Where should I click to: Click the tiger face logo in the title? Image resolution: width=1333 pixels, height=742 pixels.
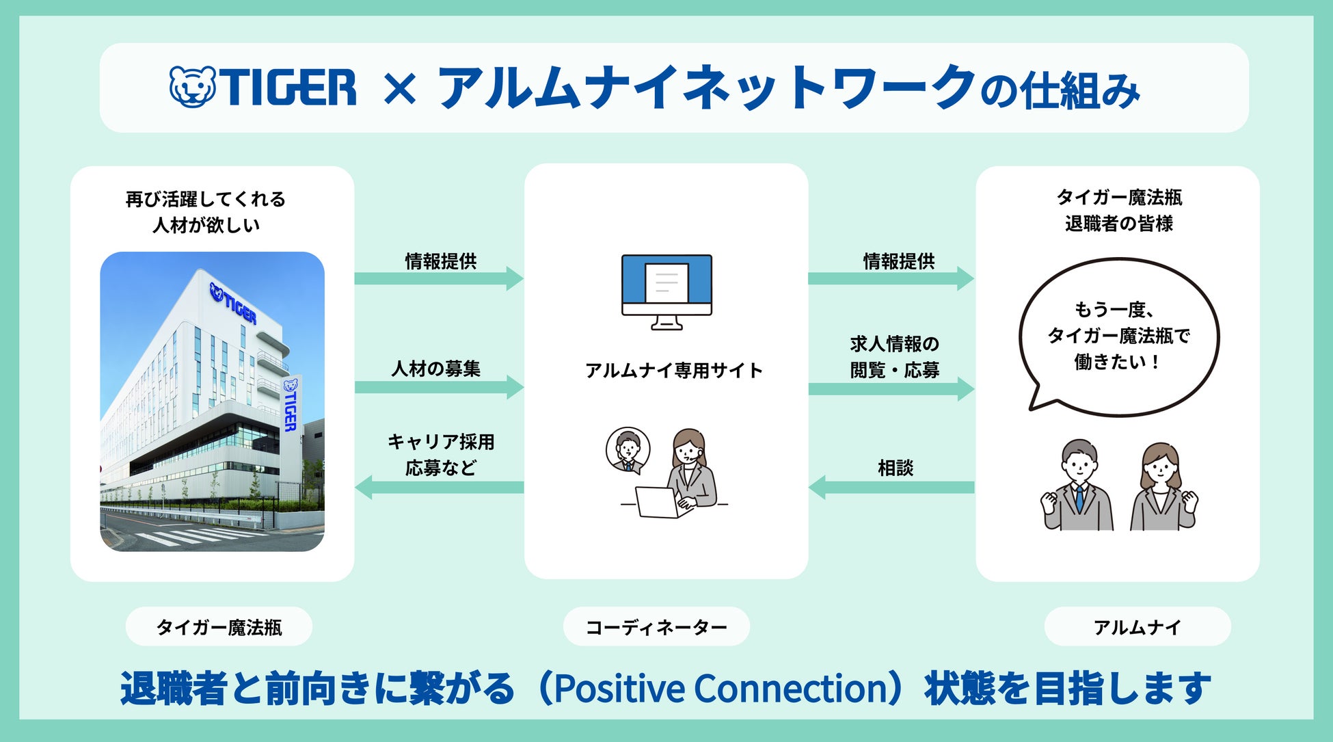tap(192, 86)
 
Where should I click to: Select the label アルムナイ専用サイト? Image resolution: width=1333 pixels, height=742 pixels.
tap(673, 371)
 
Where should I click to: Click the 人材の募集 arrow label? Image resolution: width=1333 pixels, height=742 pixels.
tap(436, 369)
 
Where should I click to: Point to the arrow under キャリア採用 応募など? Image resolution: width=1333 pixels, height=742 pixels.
tap(440, 488)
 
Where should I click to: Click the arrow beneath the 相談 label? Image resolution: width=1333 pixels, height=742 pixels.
tap(891, 488)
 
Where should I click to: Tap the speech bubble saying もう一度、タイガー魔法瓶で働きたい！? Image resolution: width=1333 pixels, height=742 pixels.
tap(1118, 336)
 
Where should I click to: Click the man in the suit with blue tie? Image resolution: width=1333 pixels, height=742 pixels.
tap(1078, 485)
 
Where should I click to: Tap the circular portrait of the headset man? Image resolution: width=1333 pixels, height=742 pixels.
tap(628, 450)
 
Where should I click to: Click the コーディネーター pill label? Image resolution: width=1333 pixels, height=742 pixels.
tap(656, 626)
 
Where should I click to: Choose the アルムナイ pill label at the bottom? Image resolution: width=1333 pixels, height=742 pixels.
tap(1137, 626)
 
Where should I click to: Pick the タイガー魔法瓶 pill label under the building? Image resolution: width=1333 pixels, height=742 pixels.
tap(219, 626)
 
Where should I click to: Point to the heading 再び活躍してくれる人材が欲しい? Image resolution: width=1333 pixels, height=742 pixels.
tap(206, 212)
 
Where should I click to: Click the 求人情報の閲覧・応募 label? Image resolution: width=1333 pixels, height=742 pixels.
tap(894, 357)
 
